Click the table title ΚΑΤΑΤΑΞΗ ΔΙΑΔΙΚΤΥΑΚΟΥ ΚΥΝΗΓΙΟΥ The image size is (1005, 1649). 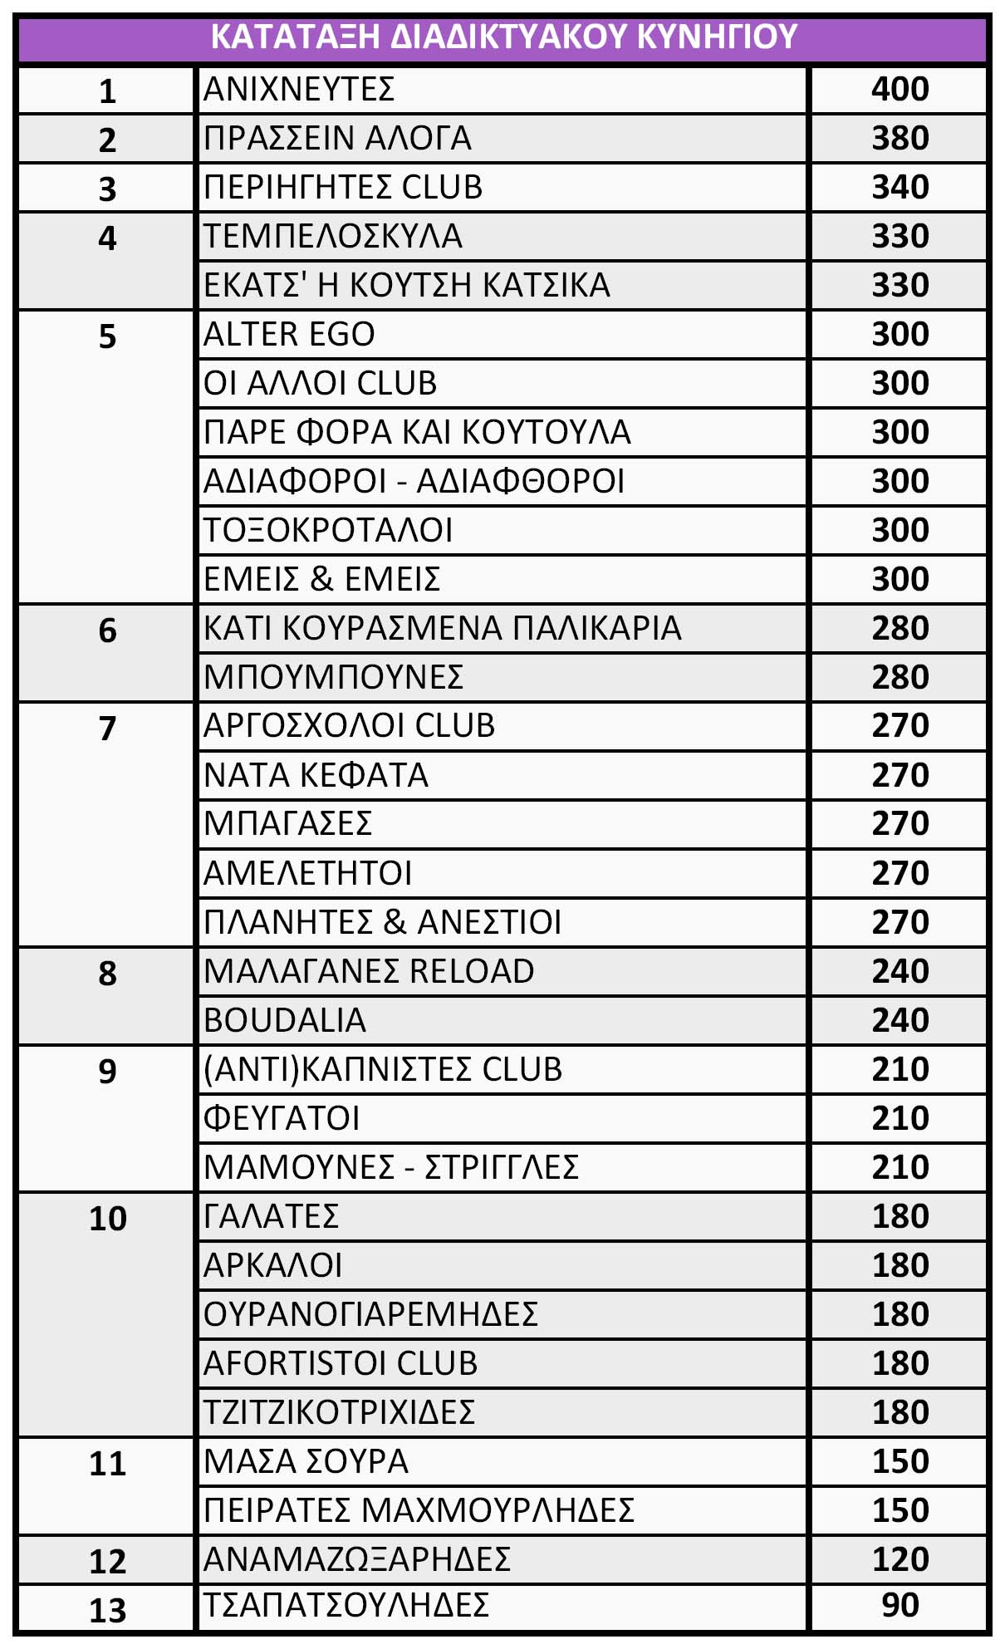click(503, 37)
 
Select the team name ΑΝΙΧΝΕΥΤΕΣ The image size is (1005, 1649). click(299, 89)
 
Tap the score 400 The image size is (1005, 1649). click(900, 89)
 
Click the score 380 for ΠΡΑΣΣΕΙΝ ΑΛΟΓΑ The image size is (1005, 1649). click(900, 138)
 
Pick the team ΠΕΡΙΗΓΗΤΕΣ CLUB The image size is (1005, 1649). click(343, 187)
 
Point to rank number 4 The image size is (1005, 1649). click(107, 238)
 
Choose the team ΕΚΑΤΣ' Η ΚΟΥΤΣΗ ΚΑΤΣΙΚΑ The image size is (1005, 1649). click(407, 285)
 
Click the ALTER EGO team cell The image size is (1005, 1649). click(289, 334)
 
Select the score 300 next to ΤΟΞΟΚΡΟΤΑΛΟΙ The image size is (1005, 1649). click(900, 530)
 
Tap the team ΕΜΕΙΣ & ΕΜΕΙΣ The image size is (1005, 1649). click(322, 579)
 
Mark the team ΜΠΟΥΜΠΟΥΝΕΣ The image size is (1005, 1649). click(333, 677)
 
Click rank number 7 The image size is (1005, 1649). click(107, 729)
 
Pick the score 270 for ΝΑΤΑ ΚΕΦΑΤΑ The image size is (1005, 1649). click(900, 775)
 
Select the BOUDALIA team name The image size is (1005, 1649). click(285, 1020)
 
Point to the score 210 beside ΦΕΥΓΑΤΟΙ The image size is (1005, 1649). click(900, 1118)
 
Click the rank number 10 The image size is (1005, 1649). click(107, 1219)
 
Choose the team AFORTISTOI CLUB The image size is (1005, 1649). click(341, 1363)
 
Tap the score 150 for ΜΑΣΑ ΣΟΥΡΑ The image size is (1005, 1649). click(900, 1461)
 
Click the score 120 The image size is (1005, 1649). click(900, 1559)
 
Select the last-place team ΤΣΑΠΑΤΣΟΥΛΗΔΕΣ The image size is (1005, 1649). click(346, 1605)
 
